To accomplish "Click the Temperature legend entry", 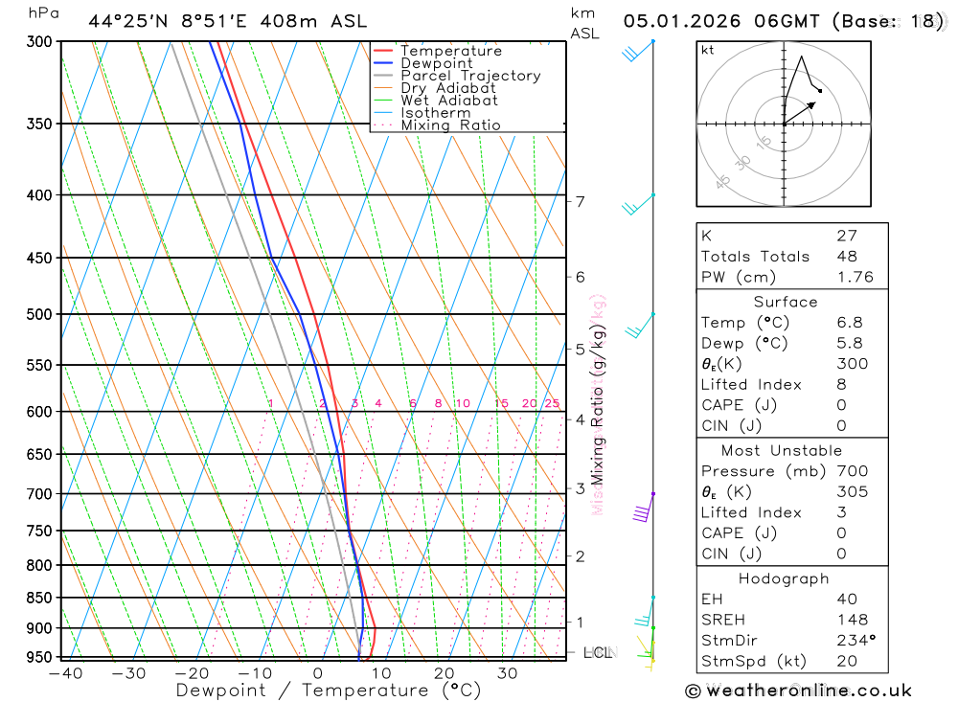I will [x=450, y=51].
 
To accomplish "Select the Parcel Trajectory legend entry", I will [x=469, y=76].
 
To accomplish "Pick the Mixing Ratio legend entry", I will [x=450, y=125].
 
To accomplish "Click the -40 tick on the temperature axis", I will [x=64, y=673].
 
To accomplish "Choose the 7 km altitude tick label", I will [x=580, y=201].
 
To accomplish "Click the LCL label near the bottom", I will [x=598, y=653].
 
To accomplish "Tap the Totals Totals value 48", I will [x=847, y=257].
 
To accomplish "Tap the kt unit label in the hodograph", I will [x=708, y=50].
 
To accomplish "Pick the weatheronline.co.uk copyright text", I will [x=799, y=691].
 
